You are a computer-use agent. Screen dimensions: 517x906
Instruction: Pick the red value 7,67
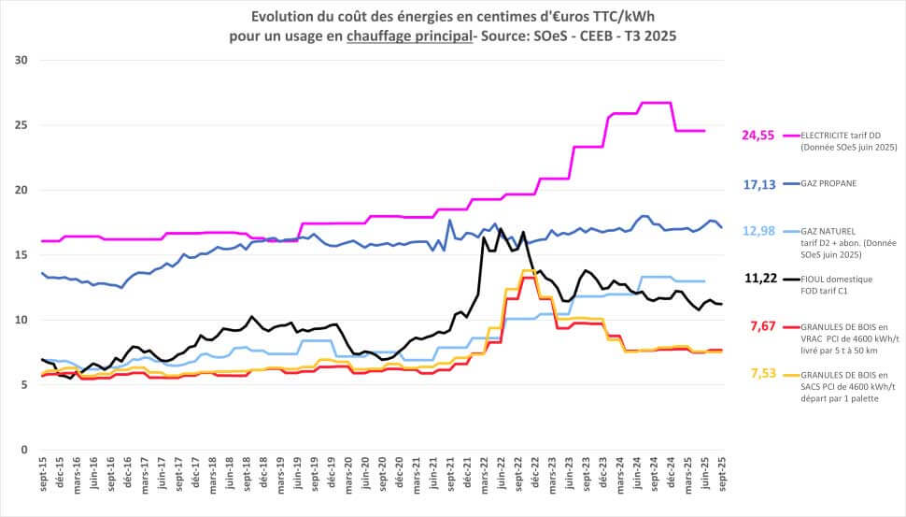coord(761,325)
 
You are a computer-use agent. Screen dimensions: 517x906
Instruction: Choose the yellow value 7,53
coord(761,374)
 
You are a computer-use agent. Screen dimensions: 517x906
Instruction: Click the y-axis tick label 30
coord(21,61)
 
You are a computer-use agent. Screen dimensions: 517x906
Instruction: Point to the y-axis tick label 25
coord(21,125)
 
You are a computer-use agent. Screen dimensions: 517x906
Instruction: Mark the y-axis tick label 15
coord(21,255)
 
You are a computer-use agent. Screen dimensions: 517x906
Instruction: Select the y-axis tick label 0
coord(23,450)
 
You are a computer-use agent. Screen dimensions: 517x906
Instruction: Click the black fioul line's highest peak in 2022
coord(501,229)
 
